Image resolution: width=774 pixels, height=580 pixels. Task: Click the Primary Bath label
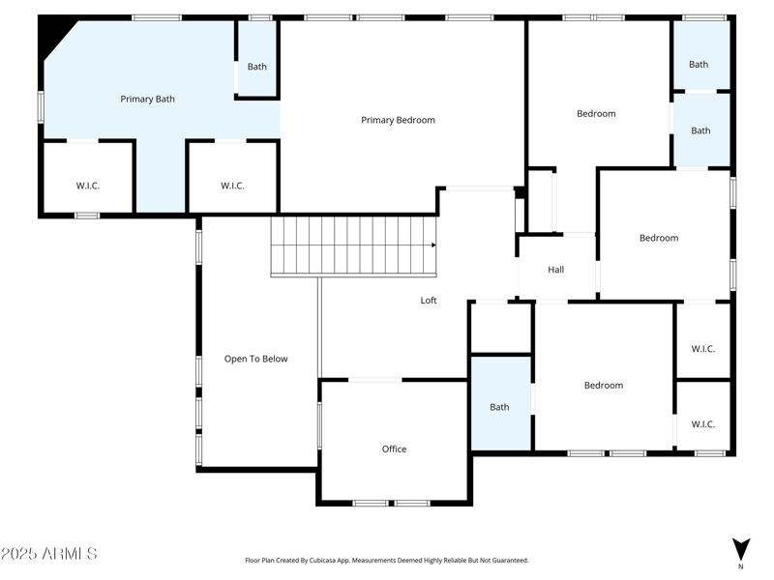tap(147, 99)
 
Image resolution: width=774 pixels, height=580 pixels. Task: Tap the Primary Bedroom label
tap(398, 120)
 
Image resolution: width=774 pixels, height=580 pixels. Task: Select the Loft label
tap(429, 301)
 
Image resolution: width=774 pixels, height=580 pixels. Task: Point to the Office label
tap(394, 449)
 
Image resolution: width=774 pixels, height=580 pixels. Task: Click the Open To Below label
tap(255, 359)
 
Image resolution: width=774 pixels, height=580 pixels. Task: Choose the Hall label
tap(555, 270)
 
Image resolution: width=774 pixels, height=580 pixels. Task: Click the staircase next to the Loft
tap(353, 246)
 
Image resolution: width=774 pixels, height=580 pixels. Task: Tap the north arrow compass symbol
tap(740, 548)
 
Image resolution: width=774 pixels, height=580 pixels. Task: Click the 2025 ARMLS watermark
tap(49, 554)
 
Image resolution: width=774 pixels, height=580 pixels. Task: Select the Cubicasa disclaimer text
tap(387, 560)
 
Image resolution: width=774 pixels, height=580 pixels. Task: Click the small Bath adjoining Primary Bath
tap(256, 67)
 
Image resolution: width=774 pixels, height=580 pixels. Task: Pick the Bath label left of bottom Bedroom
tap(499, 407)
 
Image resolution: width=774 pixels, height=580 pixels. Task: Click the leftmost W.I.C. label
tap(88, 186)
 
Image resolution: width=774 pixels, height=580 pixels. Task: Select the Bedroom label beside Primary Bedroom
tap(596, 114)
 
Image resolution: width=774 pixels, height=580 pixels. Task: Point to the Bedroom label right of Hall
tap(659, 238)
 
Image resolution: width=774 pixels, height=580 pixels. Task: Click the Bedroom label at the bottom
tap(604, 385)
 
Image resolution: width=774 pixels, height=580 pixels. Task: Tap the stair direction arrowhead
tap(433, 246)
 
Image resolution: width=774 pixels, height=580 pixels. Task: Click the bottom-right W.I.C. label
tap(703, 423)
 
